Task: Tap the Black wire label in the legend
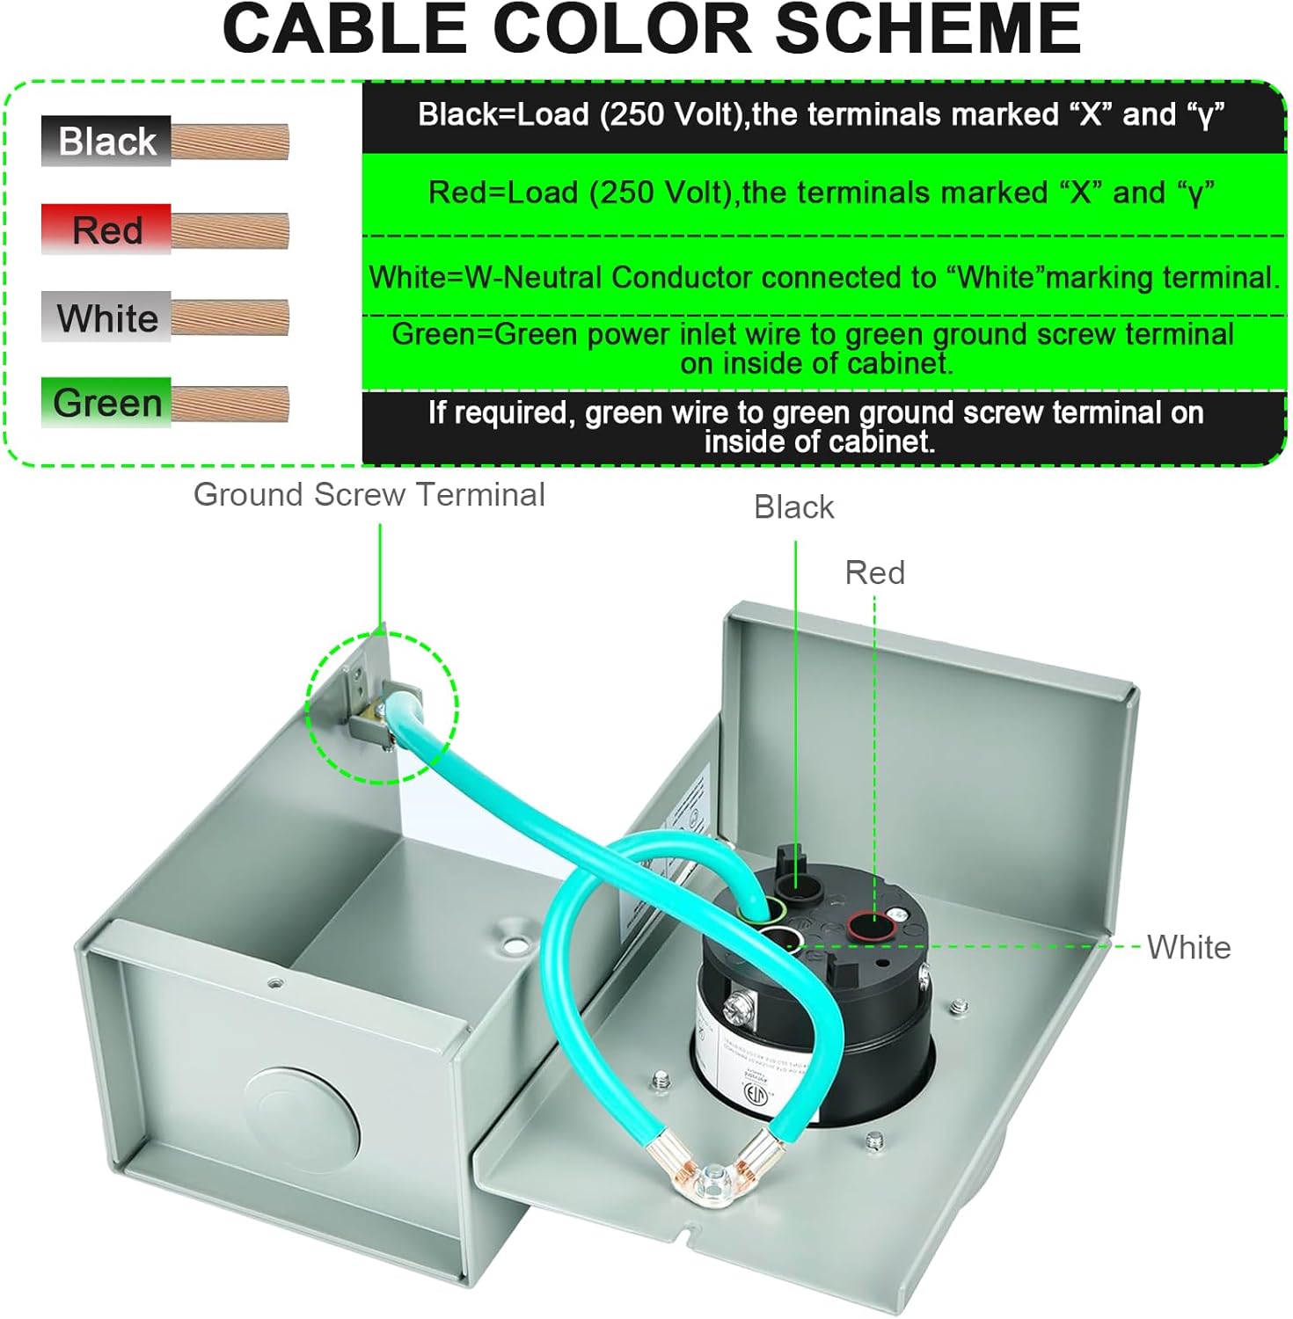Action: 106,141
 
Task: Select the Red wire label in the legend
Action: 106,230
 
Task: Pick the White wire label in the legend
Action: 106,317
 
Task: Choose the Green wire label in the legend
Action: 106,403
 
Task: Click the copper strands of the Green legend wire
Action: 230,404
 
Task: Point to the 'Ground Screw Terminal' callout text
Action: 369,494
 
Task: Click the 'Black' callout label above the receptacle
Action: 793,507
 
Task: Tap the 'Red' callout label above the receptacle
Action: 874,572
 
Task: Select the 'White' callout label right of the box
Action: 1188,947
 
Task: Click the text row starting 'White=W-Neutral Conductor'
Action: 823,277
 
